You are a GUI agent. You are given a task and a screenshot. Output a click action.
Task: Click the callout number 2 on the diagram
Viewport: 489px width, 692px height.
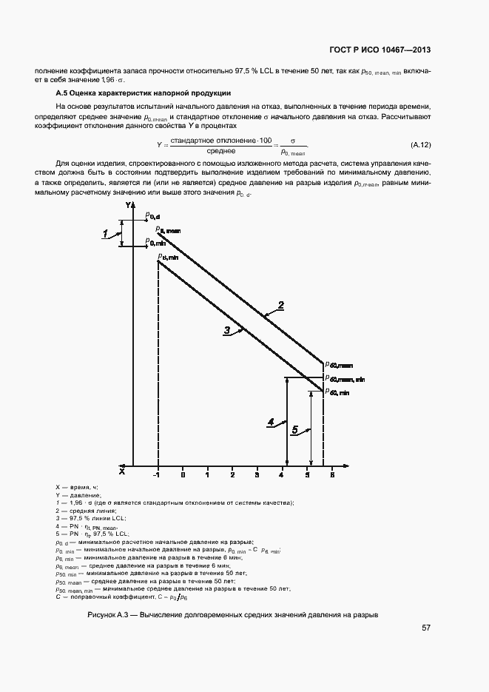pos(280,305)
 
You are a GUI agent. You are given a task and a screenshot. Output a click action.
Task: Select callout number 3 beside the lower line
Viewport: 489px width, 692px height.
pos(228,330)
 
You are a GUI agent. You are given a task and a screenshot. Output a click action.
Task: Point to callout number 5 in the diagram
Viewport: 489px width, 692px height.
pos(295,429)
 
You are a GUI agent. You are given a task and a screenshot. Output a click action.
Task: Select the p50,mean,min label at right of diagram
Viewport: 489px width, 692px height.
pos(345,379)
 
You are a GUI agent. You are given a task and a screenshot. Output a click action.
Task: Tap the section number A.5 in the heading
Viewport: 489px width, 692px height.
pos(63,93)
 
